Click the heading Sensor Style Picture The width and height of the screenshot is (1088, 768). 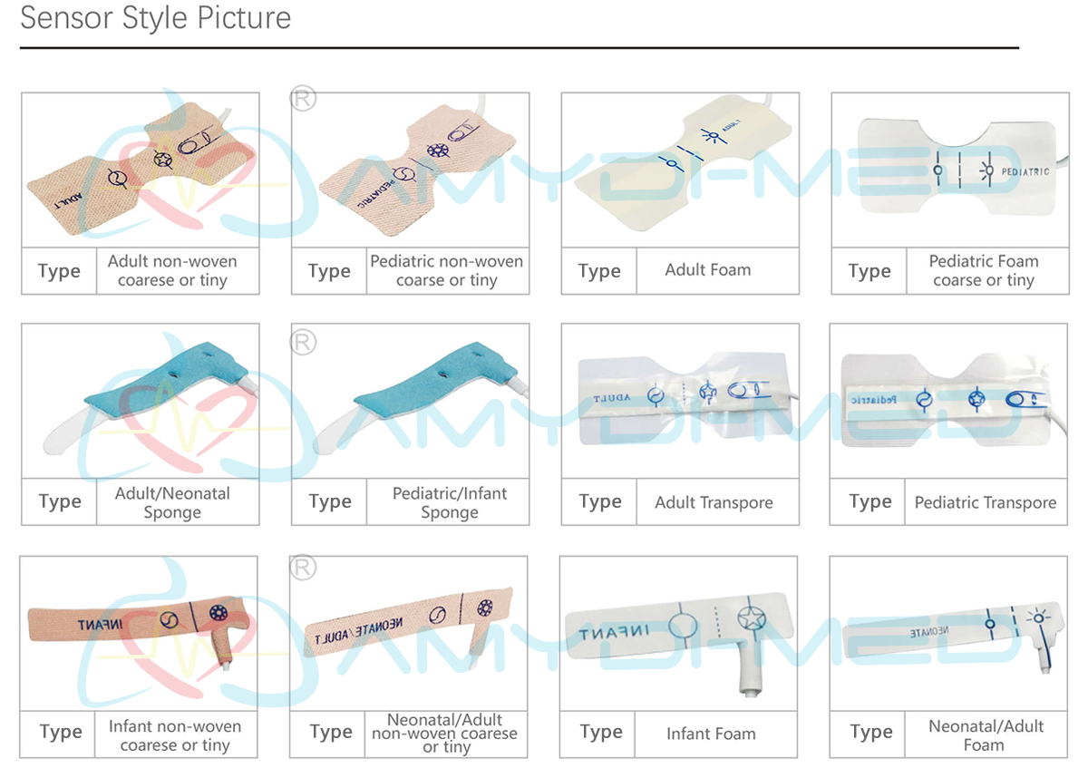156,18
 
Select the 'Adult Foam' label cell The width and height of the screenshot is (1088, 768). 707,269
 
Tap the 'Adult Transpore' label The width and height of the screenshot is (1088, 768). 714,502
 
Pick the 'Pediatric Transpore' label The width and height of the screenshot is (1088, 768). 985,502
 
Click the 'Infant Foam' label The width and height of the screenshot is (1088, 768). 710,734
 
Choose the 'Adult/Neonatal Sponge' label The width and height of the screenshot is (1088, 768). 172,502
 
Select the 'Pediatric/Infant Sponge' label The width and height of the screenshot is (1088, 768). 449,502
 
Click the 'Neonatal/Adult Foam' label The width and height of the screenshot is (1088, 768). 985,734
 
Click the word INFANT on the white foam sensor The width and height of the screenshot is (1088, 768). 612,632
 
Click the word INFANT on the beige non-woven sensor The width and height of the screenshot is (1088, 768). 106,624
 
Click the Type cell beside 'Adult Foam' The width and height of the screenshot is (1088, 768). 598,270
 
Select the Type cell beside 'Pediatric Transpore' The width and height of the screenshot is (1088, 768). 869,501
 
